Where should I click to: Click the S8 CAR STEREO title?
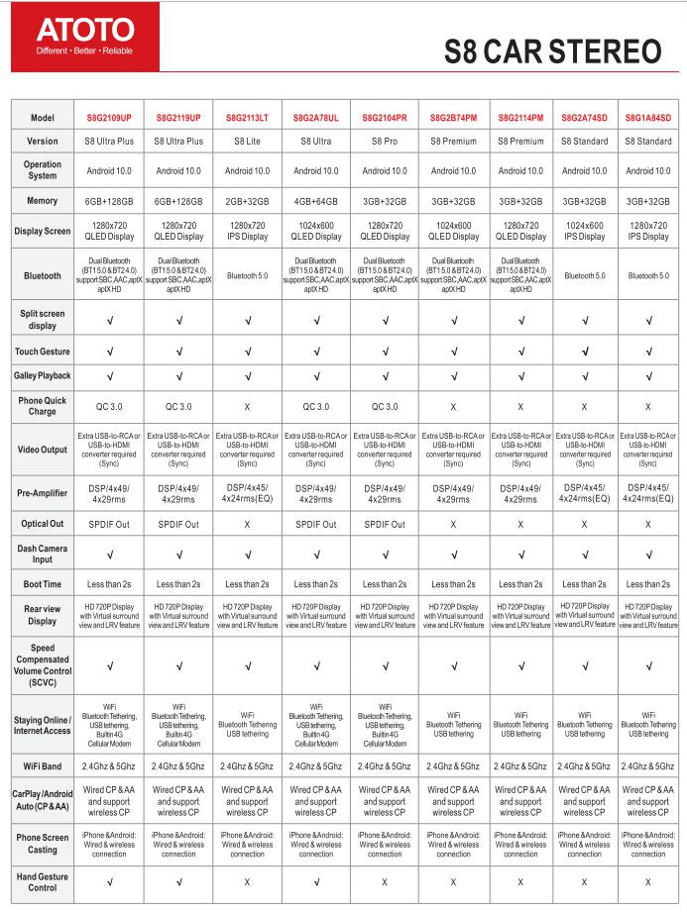pyautogui.click(x=552, y=51)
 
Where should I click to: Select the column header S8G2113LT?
pyautogui.click(x=247, y=117)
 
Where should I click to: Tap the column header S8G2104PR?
pyautogui.click(x=385, y=117)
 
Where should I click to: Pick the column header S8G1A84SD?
pyautogui.click(x=648, y=117)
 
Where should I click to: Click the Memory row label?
pyautogui.click(x=43, y=201)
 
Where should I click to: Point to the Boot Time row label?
pyautogui.click(x=43, y=584)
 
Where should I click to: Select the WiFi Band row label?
pyautogui.click(x=43, y=766)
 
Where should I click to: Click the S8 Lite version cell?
pyautogui.click(x=247, y=141)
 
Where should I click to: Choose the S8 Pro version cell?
pyautogui.click(x=385, y=141)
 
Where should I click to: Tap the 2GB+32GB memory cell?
pyautogui.click(x=247, y=201)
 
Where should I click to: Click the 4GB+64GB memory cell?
pyautogui.click(x=316, y=201)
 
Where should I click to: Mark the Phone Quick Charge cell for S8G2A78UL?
pyautogui.click(x=316, y=406)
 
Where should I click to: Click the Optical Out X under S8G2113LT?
pyautogui.click(x=247, y=524)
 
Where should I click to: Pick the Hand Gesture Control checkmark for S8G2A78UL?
pyautogui.click(x=316, y=881)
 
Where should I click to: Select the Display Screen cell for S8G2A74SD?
pyautogui.click(x=585, y=231)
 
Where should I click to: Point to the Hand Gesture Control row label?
pyautogui.click(x=43, y=881)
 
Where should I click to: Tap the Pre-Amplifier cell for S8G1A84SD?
pyautogui.click(x=648, y=493)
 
